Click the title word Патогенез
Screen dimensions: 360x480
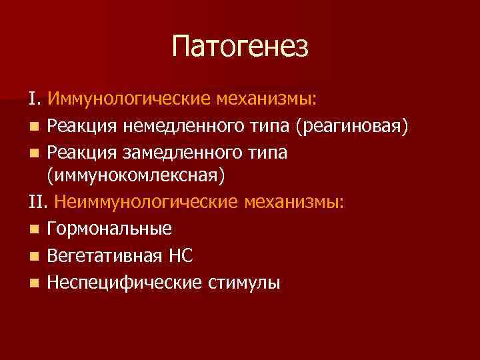coord(240,47)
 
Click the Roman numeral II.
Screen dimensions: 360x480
coord(39,202)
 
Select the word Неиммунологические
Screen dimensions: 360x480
coord(147,202)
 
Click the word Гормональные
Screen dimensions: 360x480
coord(109,229)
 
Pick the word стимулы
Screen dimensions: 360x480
coord(243,283)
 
